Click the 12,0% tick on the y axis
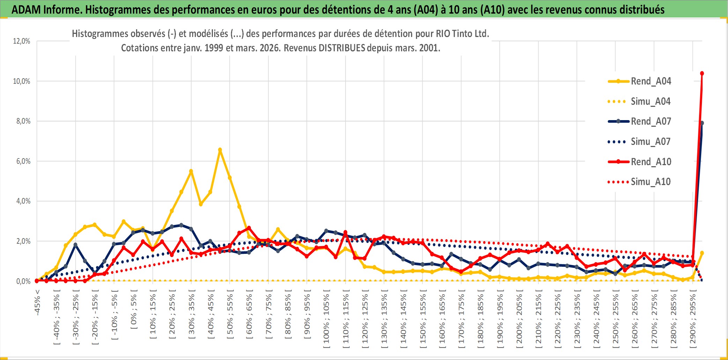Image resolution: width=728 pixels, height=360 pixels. (x=22, y=41)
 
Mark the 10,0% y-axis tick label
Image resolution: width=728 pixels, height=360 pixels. (x=22, y=81)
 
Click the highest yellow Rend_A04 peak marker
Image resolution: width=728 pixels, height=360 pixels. (x=220, y=150)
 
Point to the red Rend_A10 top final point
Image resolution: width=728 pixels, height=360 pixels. (x=702, y=73)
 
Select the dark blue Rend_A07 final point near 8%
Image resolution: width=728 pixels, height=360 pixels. (x=702, y=123)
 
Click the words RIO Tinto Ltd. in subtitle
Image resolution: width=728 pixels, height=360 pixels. (x=462, y=34)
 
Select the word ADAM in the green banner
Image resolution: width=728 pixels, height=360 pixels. (x=27, y=9)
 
